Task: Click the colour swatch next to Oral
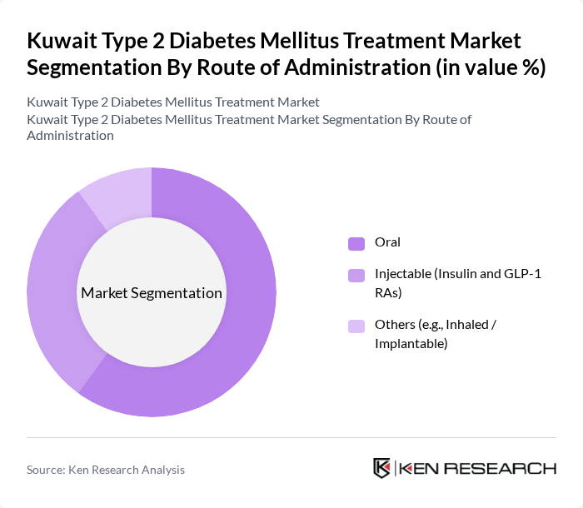[356, 243]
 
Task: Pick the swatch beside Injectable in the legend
[356, 274]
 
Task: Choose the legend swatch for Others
[356, 326]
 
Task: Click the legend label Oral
[387, 242]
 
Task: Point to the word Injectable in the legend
[404, 273]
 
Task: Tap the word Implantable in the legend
[411, 343]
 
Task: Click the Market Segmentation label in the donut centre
[152, 293]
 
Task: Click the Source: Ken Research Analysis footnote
[106, 470]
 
